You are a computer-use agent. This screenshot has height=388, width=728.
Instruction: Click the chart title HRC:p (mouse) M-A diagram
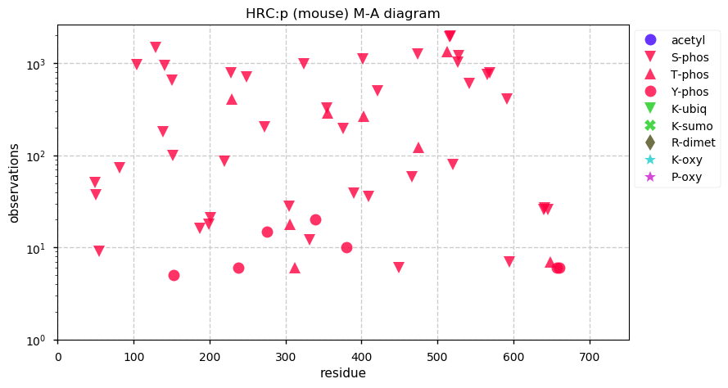pyautogui.click(x=343, y=13)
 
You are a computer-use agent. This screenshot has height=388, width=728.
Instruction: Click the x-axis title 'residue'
pyautogui.click(x=343, y=373)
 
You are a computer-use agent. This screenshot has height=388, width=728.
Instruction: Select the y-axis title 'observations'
pyautogui.click(x=14, y=183)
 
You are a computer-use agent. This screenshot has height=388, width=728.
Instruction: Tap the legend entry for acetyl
pyautogui.click(x=687, y=40)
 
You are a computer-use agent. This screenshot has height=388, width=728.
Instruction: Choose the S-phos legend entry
pyautogui.click(x=689, y=57)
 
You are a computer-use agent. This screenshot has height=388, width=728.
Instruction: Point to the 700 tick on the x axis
pyautogui.click(x=590, y=356)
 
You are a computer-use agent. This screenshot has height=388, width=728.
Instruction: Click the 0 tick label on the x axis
pyautogui.click(x=58, y=356)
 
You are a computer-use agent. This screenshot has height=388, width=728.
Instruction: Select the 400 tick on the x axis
pyautogui.click(x=362, y=356)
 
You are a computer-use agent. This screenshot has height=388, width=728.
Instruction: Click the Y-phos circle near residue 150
pyautogui.click(x=174, y=275)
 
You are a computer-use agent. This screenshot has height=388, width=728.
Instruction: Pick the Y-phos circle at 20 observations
pyautogui.click(x=315, y=219)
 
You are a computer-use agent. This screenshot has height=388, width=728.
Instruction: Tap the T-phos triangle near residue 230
pyautogui.click(x=232, y=99)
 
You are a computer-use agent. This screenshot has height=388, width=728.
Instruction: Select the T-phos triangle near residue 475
pyautogui.click(x=418, y=147)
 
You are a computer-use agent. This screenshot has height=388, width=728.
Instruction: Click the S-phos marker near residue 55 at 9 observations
pyautogui.click(x=99, y=251)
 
